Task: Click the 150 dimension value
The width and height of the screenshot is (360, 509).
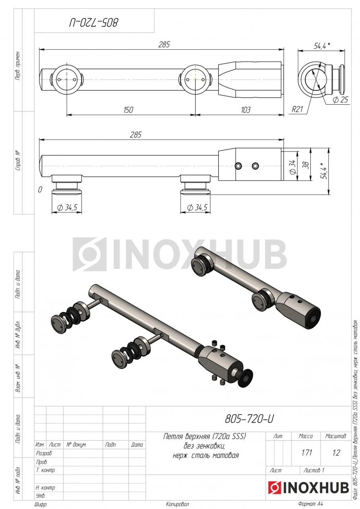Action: [x=128, y=110]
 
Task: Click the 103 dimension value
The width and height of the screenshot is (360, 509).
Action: [x=245, y=110]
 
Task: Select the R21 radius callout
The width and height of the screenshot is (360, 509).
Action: [x=297, y=109]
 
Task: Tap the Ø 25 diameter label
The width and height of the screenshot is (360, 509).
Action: [x=340, y=99]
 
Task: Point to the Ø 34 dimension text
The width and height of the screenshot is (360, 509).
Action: [x=293, y=167]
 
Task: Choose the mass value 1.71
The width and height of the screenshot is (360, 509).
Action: [x=307, y=453]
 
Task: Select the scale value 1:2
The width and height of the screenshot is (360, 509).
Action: [x=336, y=453]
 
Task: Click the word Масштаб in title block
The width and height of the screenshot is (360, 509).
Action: [x=336, y=436]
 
